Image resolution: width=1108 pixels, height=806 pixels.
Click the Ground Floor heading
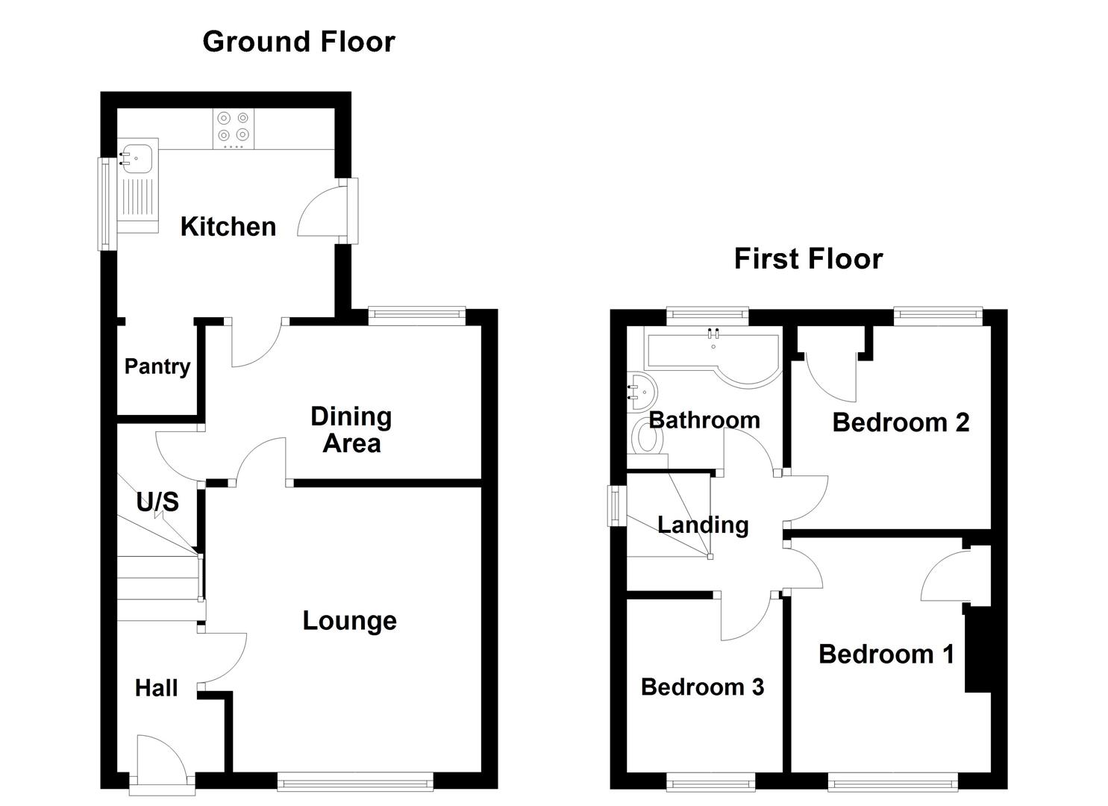click(x=298, y=42)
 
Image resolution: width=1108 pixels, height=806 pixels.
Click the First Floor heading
click(x=808, y=259)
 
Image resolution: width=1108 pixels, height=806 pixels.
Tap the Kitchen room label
click(x=228, y=227)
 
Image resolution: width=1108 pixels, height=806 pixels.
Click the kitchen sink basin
click(x=136, y=158)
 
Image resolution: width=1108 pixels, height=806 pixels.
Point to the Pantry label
click(x=157, y=366)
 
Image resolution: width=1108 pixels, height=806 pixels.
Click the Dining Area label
click(x=351, y=429)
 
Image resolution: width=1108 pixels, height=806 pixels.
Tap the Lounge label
click(x=350, y=621)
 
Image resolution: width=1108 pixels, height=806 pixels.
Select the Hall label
click(x=156, y=688)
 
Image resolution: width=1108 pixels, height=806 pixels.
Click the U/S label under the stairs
click(x=157, y=502)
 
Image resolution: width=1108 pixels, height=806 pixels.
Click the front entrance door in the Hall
click(x=162, y=762)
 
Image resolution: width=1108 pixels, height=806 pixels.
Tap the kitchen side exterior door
click(x=328, y=210)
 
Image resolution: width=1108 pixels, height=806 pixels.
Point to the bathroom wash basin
click(x=642, y=392)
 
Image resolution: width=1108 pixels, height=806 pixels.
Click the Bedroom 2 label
click(x=901, y=422)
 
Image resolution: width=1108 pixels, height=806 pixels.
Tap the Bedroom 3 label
click(x=702, y=687)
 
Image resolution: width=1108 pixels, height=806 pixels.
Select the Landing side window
click(x=616, y=505)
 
